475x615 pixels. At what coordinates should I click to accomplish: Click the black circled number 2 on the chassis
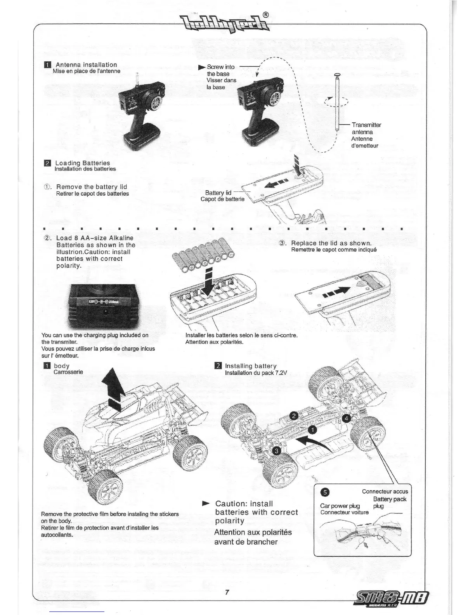coord(294,415)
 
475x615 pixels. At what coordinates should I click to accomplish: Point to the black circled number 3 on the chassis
coord(276,450)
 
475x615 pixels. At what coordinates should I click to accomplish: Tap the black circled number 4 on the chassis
coord(347,418)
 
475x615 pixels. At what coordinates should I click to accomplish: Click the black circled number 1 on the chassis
coord(312,429)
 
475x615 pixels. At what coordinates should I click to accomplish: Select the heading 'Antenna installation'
coord(86,65)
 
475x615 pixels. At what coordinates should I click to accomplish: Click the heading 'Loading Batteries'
coord(82,163)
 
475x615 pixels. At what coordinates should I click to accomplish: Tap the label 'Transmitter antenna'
coord(366,128)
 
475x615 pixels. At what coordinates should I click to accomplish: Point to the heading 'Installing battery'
coord(251,366)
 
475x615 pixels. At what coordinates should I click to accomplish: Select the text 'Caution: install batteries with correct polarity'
coord(256,512)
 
